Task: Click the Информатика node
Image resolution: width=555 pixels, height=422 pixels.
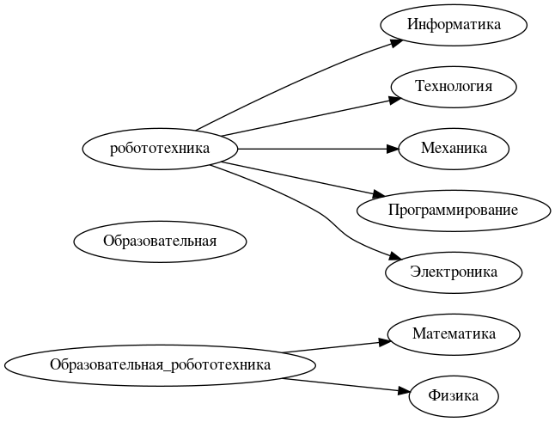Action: pyautogui.click(x=454, y=24)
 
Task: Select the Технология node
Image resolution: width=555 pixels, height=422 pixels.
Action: pyautogui.click(x=454, y=86)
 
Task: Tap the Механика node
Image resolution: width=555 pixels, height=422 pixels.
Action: pyautogui.click(x=454, y=148)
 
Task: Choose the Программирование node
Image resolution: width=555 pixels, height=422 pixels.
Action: pyautogui.click(x=453, y=210)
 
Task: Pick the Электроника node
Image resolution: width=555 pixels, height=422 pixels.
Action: pyautogui.click(x=454, y=272)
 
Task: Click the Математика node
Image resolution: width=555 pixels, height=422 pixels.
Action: pyautogui.click(x=454, y=333)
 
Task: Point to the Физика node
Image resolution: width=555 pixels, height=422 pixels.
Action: pyautogui.click(x=454, y=395)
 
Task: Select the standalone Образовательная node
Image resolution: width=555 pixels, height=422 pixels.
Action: pyautogui.click(x=160, y=241)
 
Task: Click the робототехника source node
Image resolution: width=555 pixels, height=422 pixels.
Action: pyautogui.click(x=160, y=148)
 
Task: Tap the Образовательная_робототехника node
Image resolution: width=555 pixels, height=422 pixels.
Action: pyautogui.click(x=160, y=364)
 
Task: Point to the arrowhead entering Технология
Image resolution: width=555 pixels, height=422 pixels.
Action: pyautogui.click(x=395, y=99)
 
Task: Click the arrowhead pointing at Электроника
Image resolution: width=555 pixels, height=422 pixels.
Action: pyautogui.click(x=394, y=257)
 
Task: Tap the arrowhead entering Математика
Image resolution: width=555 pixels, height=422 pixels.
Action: pyautogui.click(x=386, y=341)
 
